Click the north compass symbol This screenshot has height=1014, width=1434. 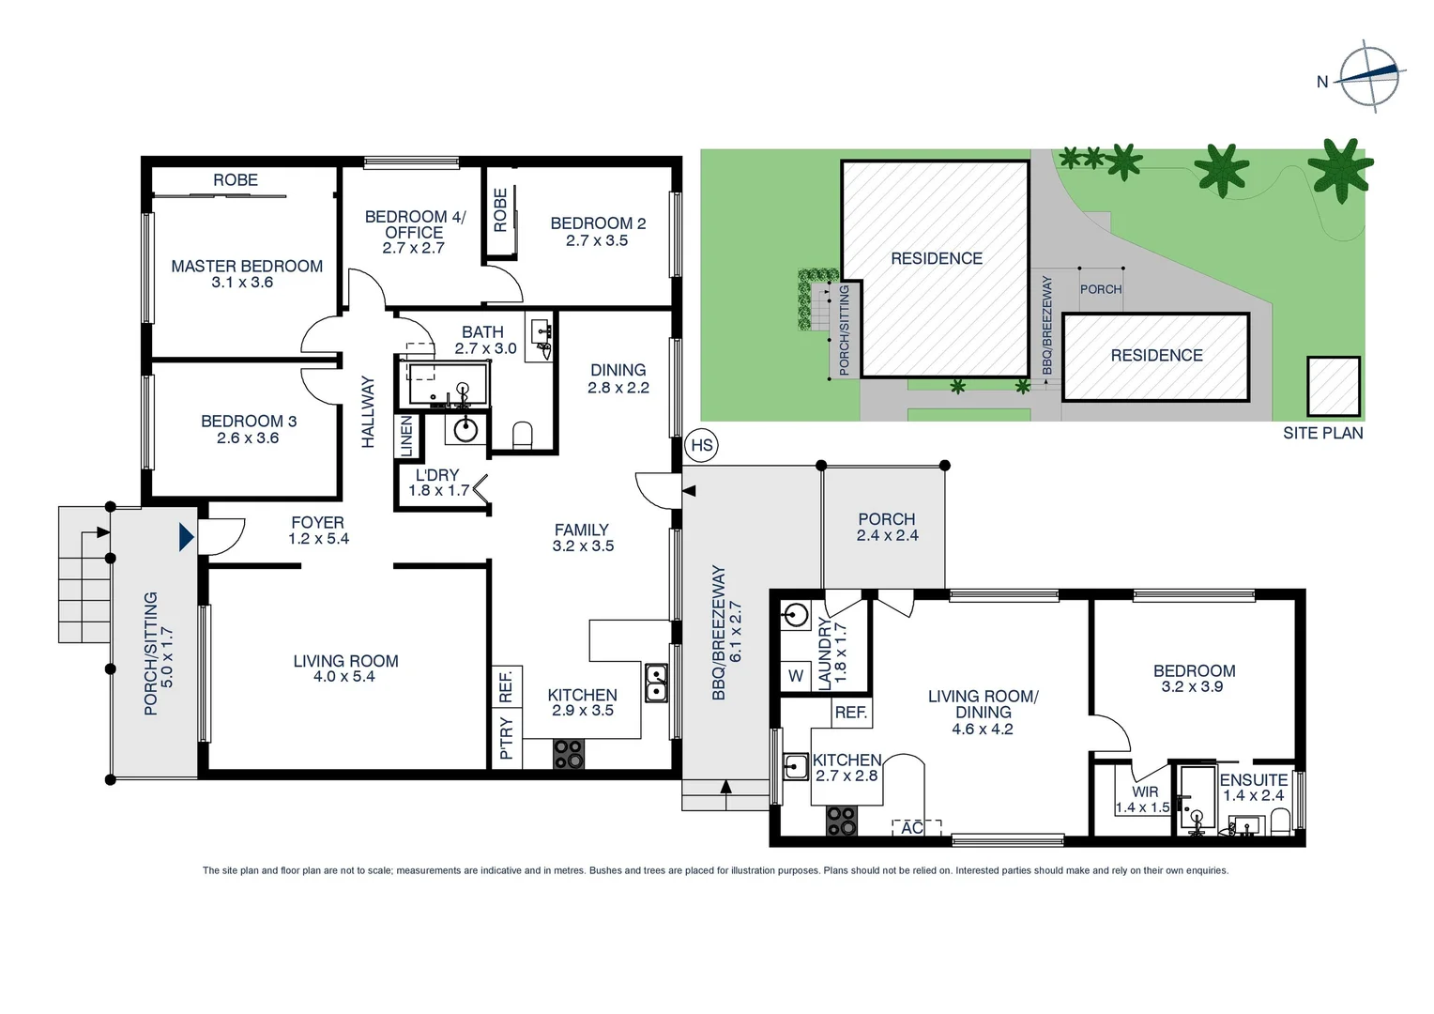point(1369,76)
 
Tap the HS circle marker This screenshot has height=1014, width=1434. point(702,445)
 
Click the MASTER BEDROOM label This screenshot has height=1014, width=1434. point(247,267)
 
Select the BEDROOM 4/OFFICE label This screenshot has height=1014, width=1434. point(415,224)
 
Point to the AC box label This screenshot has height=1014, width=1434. point(912,827)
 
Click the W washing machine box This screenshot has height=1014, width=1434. point(796,675)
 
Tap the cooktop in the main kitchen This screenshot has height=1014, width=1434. point(569,754)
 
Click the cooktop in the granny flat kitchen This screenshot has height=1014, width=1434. point(841,822)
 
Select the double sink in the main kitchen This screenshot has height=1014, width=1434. point(656,684)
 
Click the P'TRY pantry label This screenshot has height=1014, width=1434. point(506,738)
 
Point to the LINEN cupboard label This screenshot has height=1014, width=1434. point(406,437)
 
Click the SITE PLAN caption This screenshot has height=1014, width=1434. point(1322,433)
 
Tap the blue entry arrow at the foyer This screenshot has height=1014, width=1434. point(186,536)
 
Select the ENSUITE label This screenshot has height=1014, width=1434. point(1253,780)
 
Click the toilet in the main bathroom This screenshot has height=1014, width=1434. point(523,435)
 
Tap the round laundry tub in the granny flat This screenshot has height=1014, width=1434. point(796,616)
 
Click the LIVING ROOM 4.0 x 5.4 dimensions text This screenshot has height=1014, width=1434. point(343,677)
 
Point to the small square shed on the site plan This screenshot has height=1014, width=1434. point(1334,386)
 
